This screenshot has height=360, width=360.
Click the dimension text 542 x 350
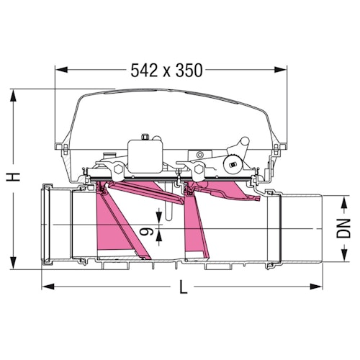167,70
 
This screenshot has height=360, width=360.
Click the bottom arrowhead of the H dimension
14,264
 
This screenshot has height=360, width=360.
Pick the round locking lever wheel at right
233,165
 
